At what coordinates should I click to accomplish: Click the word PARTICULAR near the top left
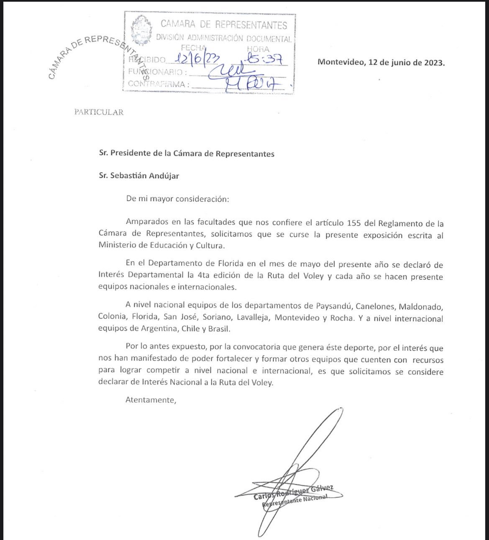99,112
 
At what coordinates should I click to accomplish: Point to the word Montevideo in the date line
341,62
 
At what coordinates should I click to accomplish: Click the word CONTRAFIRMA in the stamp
156,84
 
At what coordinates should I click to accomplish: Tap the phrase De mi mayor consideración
178,199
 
